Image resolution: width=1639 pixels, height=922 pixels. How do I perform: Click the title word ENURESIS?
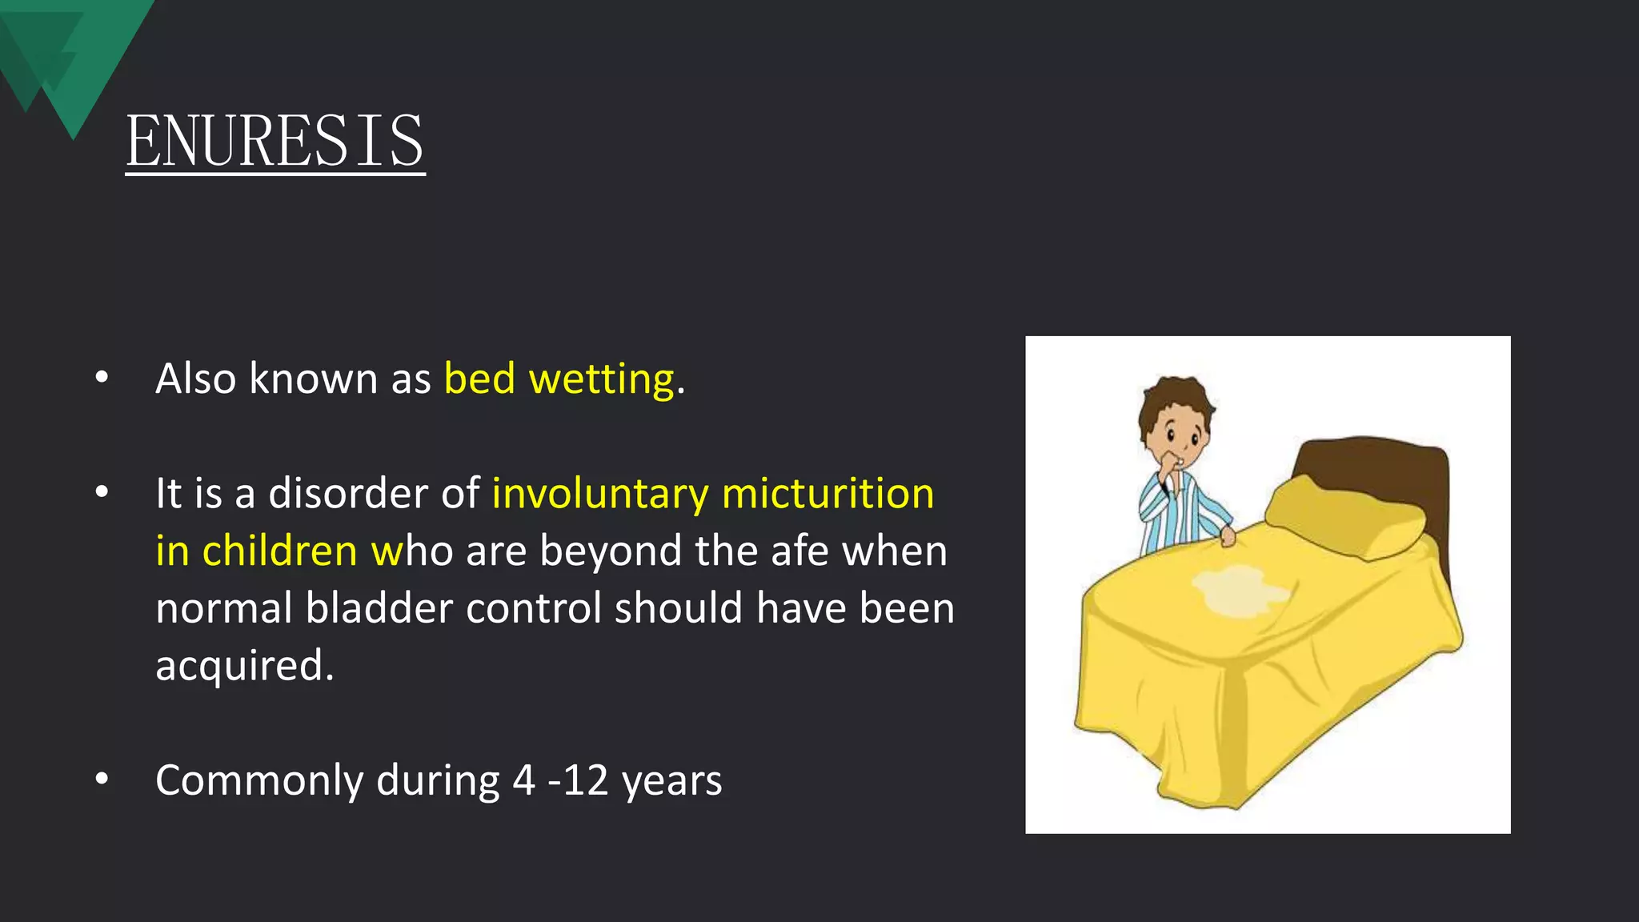click(275, 141)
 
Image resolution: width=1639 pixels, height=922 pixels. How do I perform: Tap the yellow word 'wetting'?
click(602, 379)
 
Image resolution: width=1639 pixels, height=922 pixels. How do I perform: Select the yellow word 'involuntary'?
click(600, 494)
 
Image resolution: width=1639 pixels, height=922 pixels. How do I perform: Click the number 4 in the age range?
click(523, 780)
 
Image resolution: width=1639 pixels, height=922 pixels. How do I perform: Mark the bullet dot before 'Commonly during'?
click(102, 779)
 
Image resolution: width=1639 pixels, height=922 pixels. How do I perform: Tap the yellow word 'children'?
click(279, 551)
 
